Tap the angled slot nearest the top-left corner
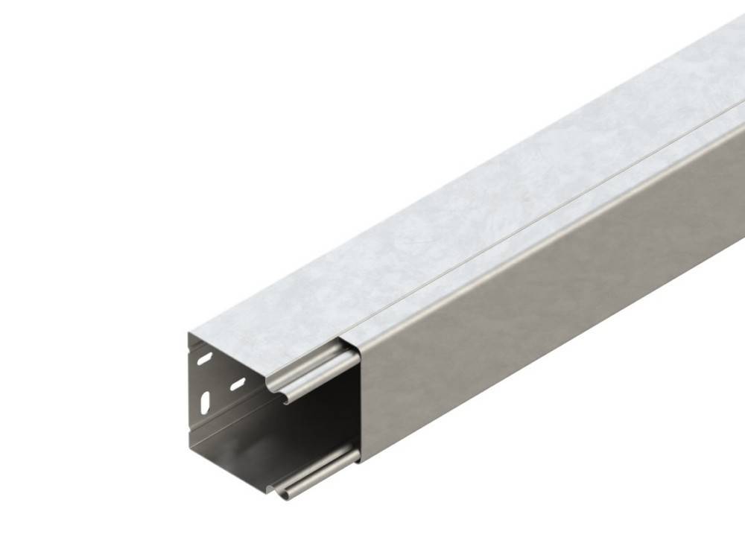click(203, 361)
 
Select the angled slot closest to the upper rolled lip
click(237, 384)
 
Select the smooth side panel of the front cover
click(536, 328)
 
